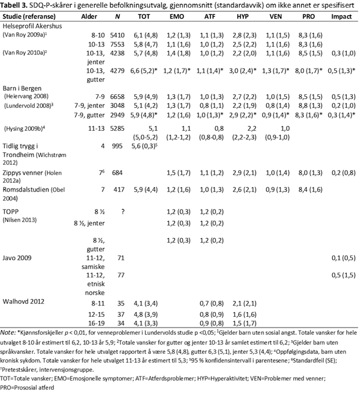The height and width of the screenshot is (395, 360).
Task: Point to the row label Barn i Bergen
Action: click(x=26, y=88)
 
